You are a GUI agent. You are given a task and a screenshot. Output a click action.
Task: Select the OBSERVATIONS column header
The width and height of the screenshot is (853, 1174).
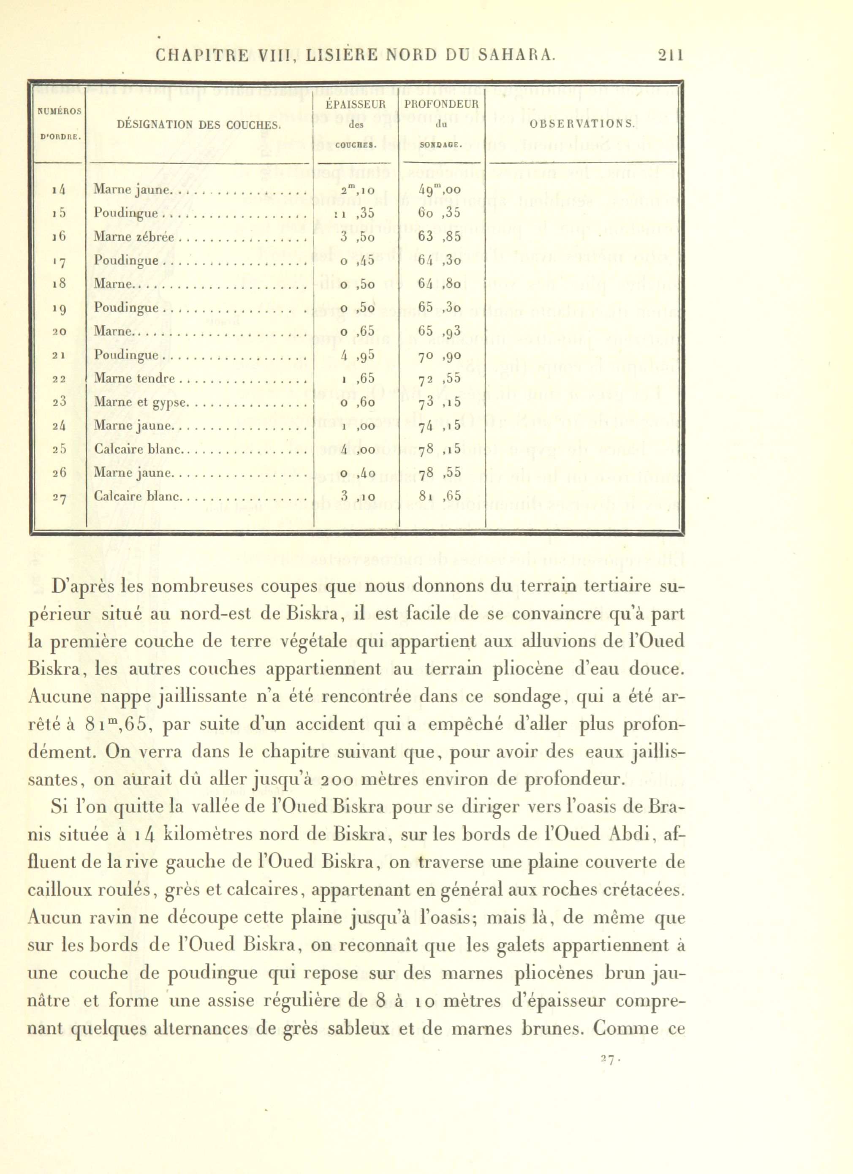pos(582,124)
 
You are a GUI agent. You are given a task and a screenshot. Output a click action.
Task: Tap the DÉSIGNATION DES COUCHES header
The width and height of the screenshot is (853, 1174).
pos(199,124)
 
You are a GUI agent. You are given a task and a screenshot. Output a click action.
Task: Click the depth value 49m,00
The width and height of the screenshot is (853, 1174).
pos(439,190)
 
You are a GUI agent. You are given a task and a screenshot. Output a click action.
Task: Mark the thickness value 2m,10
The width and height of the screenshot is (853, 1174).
pos(358,190)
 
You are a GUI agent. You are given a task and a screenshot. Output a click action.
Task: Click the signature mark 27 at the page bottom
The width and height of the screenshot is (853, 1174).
pos(608,1060)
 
